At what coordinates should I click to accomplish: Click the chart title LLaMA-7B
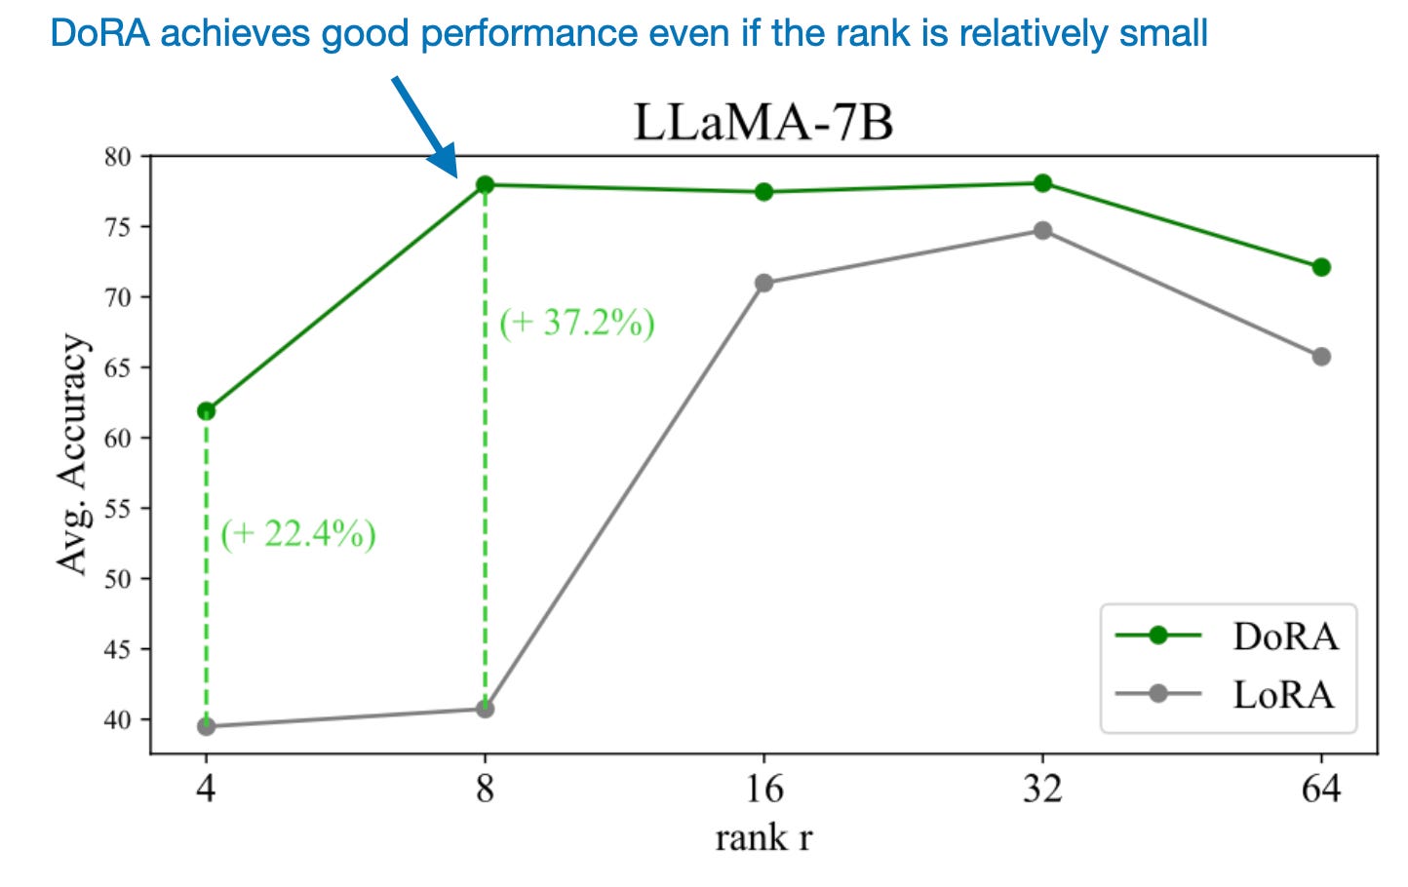pos(763,123)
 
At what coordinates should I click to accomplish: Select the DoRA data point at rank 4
pos(206,411)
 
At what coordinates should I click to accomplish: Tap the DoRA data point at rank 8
pos(485,184)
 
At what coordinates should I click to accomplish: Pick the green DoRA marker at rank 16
pos(763,192)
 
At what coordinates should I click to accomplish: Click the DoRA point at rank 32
pos(1042,183)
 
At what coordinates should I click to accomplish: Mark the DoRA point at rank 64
pos(1321,267)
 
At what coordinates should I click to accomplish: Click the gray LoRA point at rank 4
pos(206,726)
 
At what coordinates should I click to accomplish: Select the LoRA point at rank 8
pos(485,709)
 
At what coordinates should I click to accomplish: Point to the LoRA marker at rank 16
pos(763,283)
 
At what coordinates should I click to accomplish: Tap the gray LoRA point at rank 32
pos(1042,230)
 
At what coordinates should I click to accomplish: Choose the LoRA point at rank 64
pos(1321,357)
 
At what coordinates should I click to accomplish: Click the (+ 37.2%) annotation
pos(576,323)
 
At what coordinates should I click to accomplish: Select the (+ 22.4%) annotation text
pos(297,534)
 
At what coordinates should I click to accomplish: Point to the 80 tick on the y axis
pos(117,157)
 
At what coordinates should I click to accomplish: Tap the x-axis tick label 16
pos(763,788)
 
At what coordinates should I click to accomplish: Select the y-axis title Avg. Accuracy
pos(72,454)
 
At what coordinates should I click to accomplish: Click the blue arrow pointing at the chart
pos(425,127)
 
